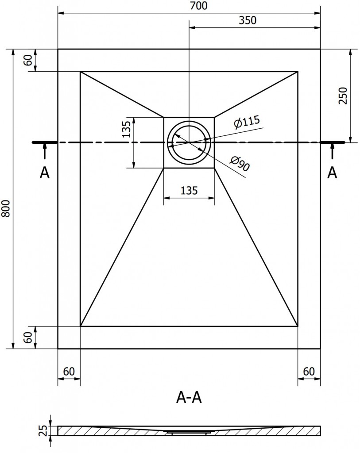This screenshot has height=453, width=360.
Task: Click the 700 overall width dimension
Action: click(189, 6)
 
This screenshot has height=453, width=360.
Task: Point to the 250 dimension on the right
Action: click(343, 96)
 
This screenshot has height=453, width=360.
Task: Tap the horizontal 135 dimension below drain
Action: click(189, 191)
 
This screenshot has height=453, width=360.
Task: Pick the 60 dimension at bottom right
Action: click(309, 371)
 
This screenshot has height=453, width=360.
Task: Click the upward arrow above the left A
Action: click(44, 152)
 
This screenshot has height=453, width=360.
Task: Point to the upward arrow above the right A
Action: click(332, 152)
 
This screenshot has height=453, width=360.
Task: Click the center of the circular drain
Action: click(189, 142)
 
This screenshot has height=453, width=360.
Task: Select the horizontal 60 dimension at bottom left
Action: click(69, 371)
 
